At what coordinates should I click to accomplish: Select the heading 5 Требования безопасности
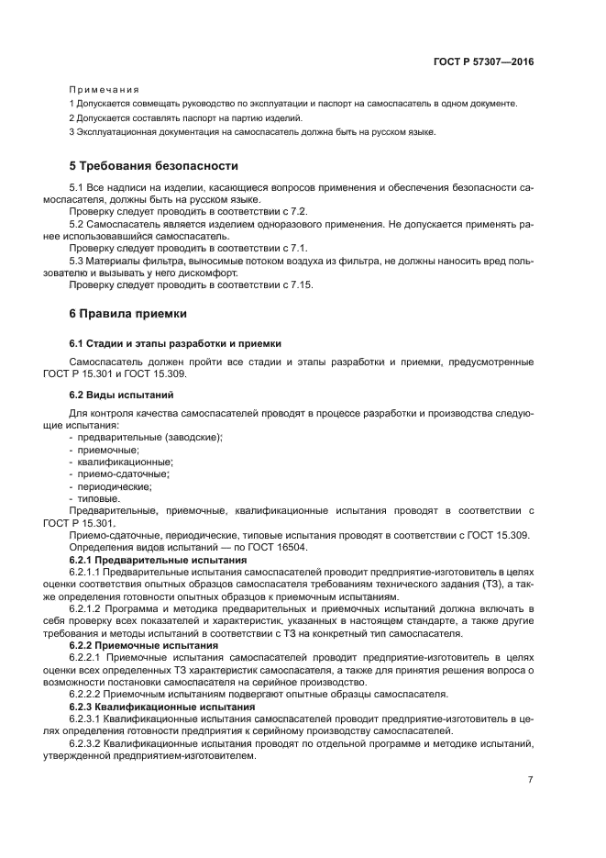(153, 166)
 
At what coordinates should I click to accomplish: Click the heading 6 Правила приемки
(128, 314)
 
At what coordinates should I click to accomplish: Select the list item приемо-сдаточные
(124, 474)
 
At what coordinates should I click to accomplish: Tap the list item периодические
(117, 485)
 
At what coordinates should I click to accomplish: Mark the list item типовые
(99, 497)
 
